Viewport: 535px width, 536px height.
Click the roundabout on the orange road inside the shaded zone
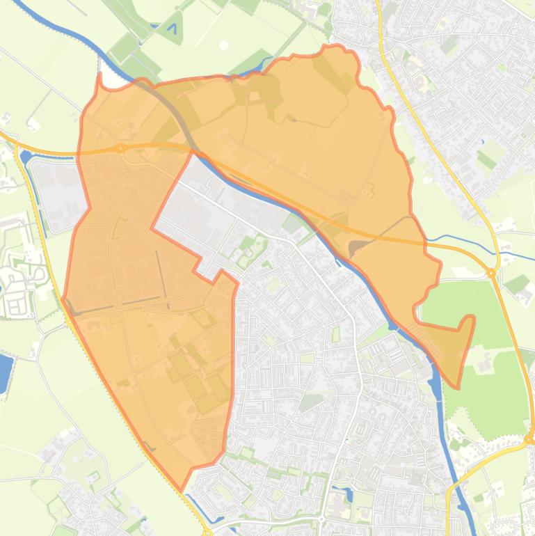point(120,148)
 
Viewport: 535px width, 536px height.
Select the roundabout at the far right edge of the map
point(530,439)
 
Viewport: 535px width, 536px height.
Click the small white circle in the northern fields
point(224,45)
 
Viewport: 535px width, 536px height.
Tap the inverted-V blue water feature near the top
point(172,29)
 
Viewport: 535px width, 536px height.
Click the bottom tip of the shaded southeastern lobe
point(457,386)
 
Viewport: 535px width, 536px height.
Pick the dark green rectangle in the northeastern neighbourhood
point(487,161)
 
